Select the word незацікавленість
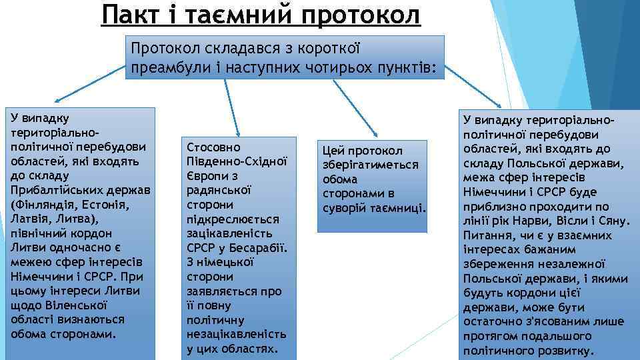[237, 334]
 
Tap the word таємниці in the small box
[402, 208]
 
